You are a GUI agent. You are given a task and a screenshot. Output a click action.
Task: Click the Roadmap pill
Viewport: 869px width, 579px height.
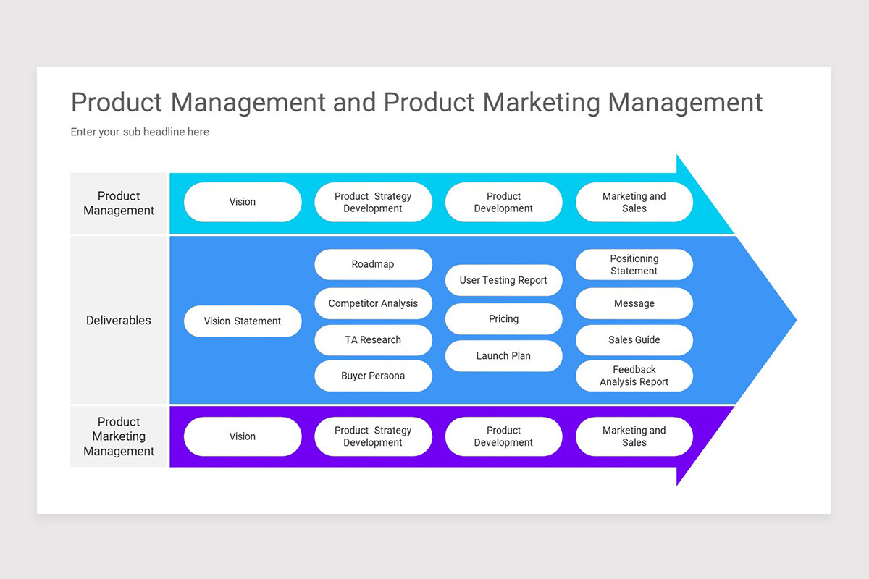(373, 265)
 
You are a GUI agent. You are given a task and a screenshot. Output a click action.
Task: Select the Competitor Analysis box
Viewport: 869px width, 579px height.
(373, 304)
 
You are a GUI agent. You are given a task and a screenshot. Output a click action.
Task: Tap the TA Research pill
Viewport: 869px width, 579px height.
(373, 340)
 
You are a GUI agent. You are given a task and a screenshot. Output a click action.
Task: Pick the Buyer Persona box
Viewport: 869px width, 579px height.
(373, 376)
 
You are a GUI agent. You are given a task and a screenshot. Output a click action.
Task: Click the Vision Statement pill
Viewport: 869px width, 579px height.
(243, 321)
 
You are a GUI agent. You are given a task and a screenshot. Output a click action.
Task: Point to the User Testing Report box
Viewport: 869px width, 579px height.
(503, 281)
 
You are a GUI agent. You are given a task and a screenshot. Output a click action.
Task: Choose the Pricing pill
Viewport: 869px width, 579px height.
(503, 319)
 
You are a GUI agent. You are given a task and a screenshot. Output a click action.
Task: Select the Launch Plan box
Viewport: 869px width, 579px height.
(503, 356)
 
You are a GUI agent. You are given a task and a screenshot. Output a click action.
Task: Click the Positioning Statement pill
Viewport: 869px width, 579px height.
(634, 265)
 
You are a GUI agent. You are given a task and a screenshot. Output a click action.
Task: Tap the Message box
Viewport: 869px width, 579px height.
(634, 304)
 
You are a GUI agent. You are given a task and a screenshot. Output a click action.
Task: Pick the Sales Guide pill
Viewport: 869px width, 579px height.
(634, 340)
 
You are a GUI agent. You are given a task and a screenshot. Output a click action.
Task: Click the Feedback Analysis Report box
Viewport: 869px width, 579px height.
(634, 376)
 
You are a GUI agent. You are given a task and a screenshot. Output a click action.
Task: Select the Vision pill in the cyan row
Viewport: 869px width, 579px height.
(243, 203)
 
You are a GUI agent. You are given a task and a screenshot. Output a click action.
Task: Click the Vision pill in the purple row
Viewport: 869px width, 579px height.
(243, 436)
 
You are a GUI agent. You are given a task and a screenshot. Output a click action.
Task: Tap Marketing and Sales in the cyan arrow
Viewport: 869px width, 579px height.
(634, 203)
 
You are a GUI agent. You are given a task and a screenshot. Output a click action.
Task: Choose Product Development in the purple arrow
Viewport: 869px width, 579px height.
(503, 436)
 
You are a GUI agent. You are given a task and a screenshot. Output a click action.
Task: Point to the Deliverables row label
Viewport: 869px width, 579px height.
(119, 321)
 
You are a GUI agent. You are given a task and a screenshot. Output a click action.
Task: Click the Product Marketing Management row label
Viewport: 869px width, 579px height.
(119, 436)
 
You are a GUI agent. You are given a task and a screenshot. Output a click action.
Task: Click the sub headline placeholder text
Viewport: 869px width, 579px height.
(140, 132)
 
